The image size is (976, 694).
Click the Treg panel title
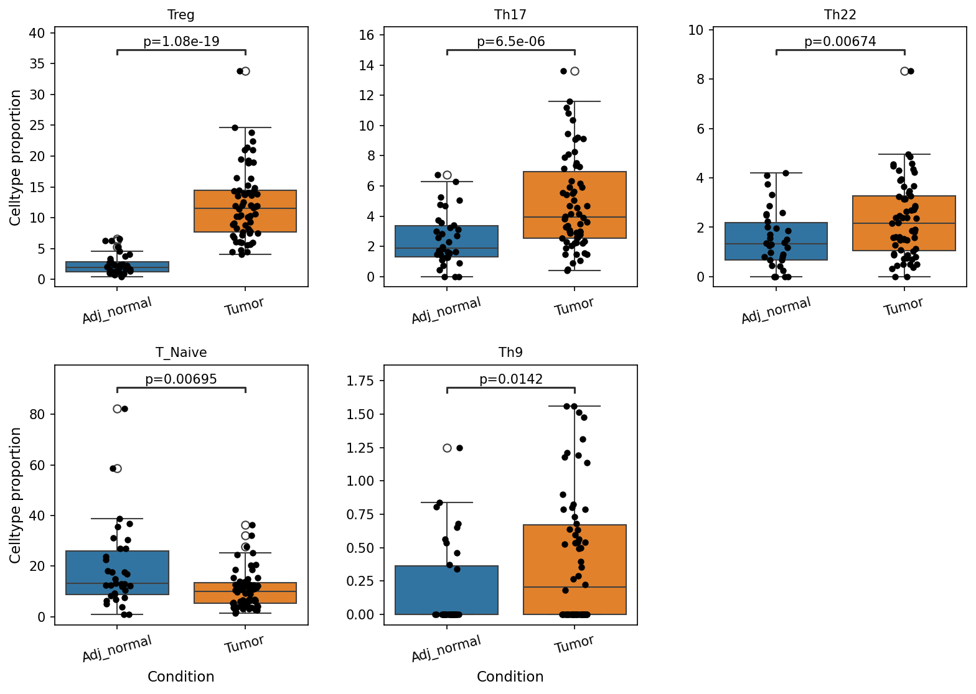pyautogui.click(x=181, y=15)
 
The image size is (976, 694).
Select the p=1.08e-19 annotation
pyautogui.click(x=181, y=42)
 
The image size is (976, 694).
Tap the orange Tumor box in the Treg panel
pyautogui.click(x=245, y=211)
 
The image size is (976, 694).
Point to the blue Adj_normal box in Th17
pyautogui.click(x=447, y=241)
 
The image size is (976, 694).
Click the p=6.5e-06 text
pyautogui.click(x=510, y=42)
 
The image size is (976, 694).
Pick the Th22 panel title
pyautogui.click(x=840, y=15)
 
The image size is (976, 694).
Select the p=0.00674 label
pyautogui.click(x=840, y=42)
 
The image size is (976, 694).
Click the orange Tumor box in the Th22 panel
pyautogui.click(x=904, y=223)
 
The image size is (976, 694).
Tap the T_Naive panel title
pyautogui.click(x=181, y=352)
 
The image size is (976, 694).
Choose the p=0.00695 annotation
pyautogui.click(x=181, y=379)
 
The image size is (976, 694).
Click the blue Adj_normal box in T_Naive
pyautogui.click(x=117, y=573)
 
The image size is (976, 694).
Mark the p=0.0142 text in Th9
pyautogui.click(x=510, y=379)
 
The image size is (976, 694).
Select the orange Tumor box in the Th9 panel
pyautogui.click(x=575, y=570)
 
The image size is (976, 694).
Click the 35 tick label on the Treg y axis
pyautogui.click(x=37, y=64)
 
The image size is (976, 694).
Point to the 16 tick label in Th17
pyautogui.click(x=367, y=35)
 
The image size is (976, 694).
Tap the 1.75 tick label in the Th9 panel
pyautogui.click(x=360, y=381)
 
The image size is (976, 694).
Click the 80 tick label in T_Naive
pyautogui.click(x=37, y=414)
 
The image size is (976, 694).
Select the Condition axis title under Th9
pyautogui.click(x=510, y=677)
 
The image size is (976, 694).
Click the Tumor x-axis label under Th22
pyautogui.click(x=903, y=306)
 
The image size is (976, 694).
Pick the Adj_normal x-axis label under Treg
pyautogui.click(x=117, y=310)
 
